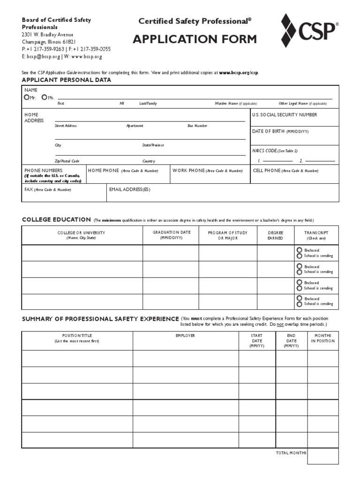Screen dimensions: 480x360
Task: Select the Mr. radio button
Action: point(27,97)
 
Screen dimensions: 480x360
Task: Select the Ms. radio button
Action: point(44,97)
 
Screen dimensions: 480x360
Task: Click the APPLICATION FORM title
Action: point(195,39)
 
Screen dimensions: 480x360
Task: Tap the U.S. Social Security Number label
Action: point(284,115)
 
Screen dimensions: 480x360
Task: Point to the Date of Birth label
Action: point(280,131)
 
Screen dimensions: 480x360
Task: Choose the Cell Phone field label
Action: point(285,171)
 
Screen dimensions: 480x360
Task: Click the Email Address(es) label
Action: point(129,189)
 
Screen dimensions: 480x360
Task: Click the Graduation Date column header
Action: point(171,235)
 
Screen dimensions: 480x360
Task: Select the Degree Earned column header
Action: point(275,235)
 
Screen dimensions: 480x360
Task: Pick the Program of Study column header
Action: point(228,235)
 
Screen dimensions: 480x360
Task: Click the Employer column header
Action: point(185,336)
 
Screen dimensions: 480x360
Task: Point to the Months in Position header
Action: point(322,338)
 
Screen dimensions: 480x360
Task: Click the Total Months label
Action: point(291,453)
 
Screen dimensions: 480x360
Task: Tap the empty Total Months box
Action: point(322,456)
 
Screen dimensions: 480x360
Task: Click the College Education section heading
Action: point(56,219)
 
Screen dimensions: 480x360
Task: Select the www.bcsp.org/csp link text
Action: point(239,73)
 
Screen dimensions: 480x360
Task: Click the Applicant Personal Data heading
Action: point(67,80)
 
